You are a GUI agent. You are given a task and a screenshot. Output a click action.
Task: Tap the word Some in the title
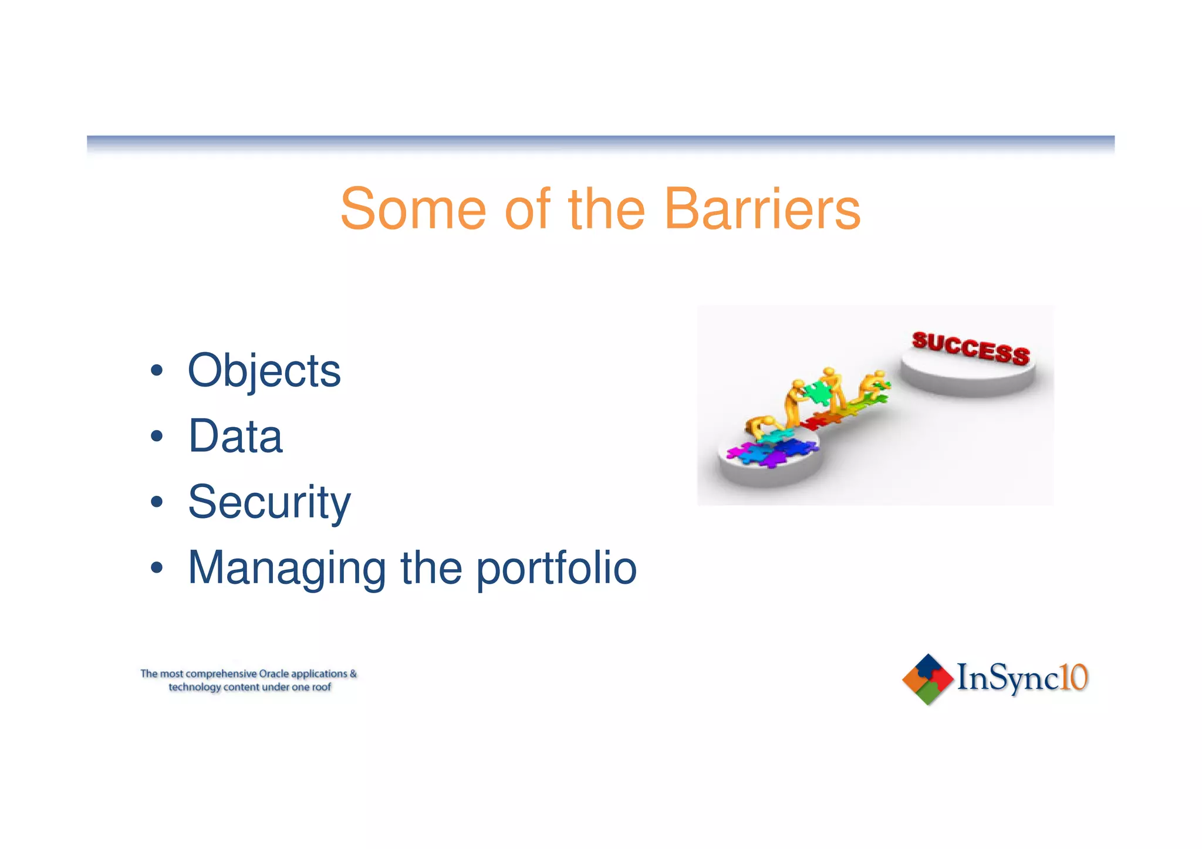[x=413, y=209]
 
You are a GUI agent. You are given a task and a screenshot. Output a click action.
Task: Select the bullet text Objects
[x=264, y=371]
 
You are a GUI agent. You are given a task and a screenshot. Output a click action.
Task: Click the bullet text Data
[x=235, y=437]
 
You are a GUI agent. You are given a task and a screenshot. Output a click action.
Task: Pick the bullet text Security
[x=269, y=502]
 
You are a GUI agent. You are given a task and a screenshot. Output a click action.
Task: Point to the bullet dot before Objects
[x=156, y=371]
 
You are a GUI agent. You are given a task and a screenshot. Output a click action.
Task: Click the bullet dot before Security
[x=156, y=503]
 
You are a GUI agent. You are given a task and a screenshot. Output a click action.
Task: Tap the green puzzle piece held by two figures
[x=817, y=393]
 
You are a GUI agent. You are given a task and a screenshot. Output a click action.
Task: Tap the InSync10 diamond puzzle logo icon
[x=927, y=679]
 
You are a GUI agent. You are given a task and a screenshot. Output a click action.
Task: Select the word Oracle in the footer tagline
[x=274, y=674]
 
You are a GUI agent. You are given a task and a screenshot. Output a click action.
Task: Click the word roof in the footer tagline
[x=322, y=687]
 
